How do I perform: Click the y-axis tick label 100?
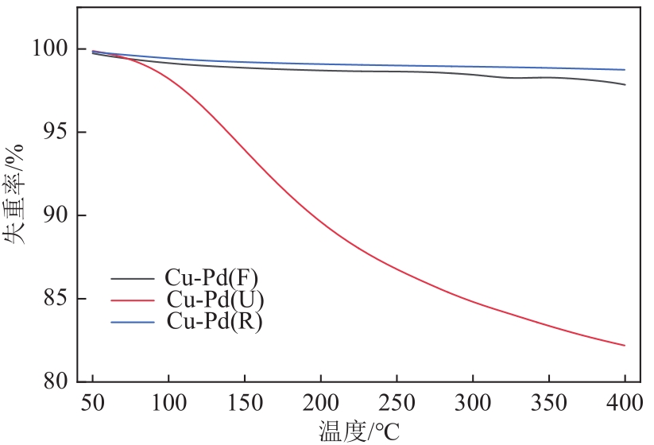point(49,49)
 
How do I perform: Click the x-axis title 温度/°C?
point(359,431)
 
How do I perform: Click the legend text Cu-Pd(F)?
point(211,278)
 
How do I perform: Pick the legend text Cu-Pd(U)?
point(215,300)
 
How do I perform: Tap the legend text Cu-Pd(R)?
point(215,322)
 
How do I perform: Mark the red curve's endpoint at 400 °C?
point(625,345)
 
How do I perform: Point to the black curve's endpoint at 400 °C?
point(625,84)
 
